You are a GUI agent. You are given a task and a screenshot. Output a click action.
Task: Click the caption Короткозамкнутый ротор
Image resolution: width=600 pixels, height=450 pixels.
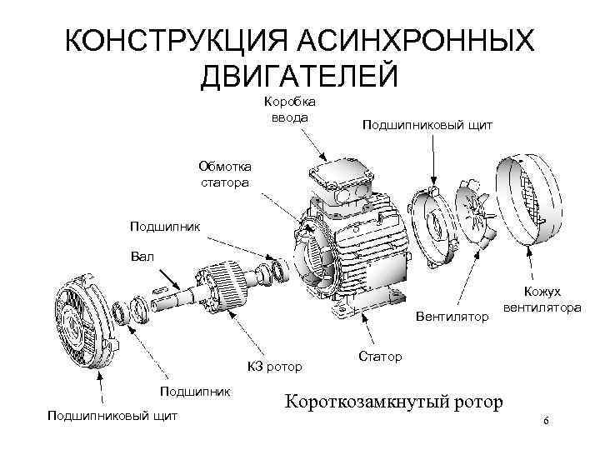click(x=394, y=402)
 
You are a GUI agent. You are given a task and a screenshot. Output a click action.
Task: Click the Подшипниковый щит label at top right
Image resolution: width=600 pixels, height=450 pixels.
click(x=427, y=124)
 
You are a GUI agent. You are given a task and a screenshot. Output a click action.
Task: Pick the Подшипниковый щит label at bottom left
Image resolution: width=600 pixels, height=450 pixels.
click(x=112, y=414)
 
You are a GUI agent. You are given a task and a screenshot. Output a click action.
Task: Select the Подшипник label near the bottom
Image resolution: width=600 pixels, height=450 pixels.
click(x=196, y=390)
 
